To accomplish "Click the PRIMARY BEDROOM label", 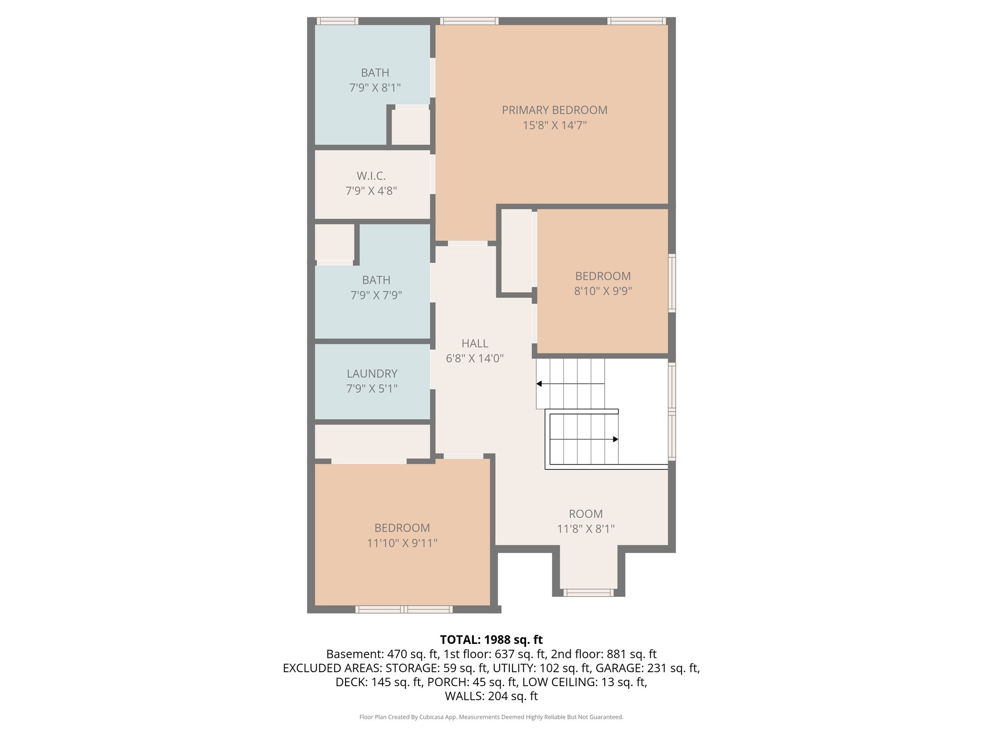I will coord(554,110).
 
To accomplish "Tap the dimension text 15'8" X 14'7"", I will coord(554,125).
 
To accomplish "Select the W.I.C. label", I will coord(371,176).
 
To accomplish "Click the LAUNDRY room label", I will coord(372,373).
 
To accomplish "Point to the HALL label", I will coord(475,343).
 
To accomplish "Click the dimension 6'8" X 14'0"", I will coord(475,358).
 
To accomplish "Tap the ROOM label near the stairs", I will coord(586,514).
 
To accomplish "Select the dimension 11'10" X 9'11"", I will coord(402,543).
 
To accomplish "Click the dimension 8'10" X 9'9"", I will coord(603,291).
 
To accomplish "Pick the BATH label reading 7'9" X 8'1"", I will coord(375,73).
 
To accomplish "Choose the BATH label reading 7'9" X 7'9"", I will coord(376,280).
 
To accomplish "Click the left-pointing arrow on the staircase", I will coord(539,384).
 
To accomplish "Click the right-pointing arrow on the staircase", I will coord(615,439).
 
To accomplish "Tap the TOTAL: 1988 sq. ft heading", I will coord(491,640).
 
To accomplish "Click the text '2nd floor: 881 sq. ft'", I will coord(603,654).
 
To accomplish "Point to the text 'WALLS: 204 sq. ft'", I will coord(491,696).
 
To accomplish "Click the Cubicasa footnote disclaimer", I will coord(491,717).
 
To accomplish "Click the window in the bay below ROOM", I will coord(588,593).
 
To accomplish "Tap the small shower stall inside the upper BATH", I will coord(410,127).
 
